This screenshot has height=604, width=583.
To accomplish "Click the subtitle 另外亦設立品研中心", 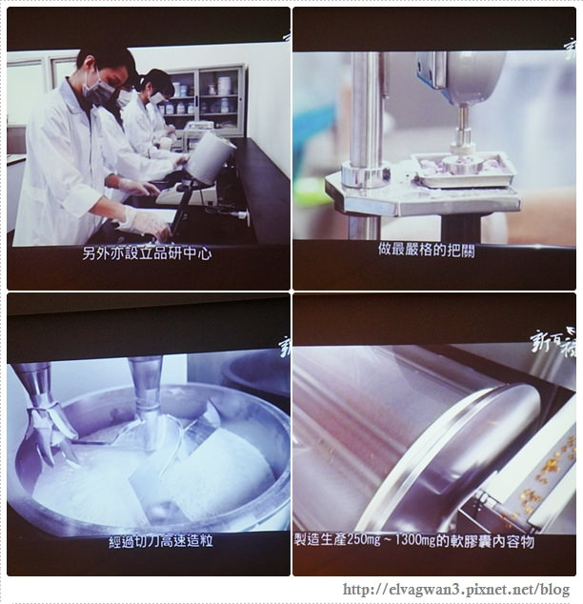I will pos(148,255).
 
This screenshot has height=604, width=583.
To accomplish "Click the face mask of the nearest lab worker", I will pos(98,91).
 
